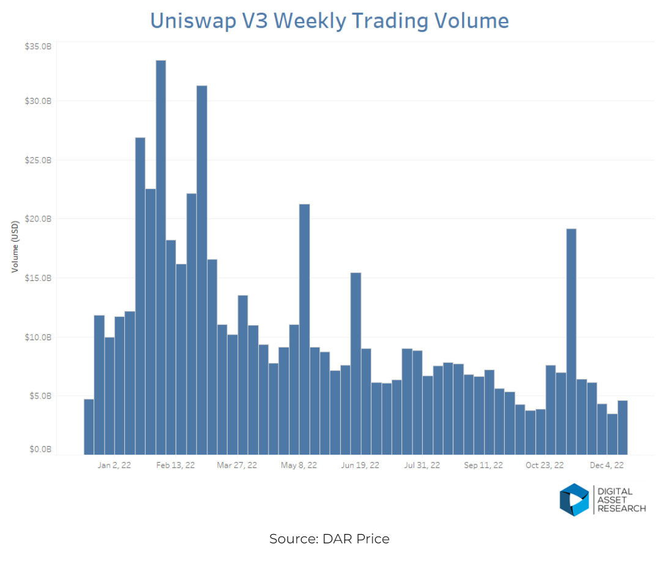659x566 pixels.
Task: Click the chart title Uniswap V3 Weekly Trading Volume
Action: (329, 21)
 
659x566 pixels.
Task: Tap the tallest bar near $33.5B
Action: (161, 257)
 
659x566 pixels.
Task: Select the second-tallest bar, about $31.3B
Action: (202, 269)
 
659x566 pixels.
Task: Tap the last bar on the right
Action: (623, 428)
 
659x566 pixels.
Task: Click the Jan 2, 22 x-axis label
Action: (114, 466)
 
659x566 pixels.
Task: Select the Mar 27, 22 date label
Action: (237, 466)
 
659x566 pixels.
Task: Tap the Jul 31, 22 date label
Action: (421, 466)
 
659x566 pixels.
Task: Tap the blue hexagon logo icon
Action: (573, 500)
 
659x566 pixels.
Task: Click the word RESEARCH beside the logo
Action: (622, 508)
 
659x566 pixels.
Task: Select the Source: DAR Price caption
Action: (329, 539)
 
